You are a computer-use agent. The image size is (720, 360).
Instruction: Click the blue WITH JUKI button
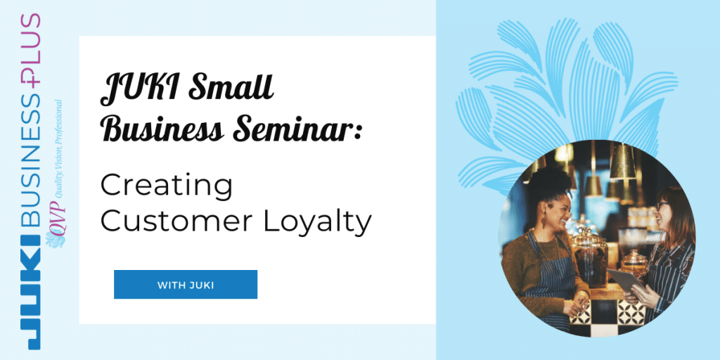coord(186,285)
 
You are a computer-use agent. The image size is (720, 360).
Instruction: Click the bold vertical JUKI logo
coord(31,292)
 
